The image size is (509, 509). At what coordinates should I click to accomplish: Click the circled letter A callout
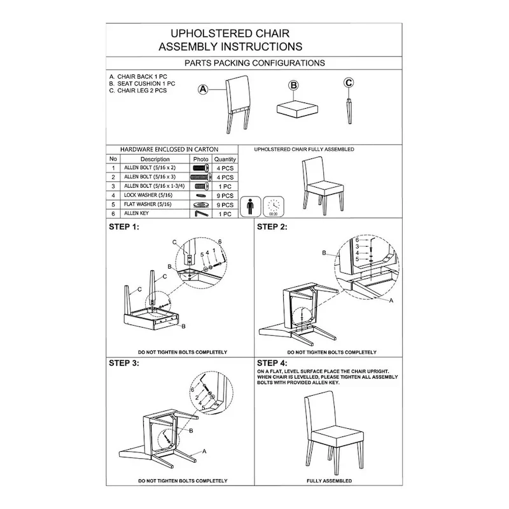click(x=204, y=90)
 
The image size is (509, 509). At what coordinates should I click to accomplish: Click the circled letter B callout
click(x=293, y=85)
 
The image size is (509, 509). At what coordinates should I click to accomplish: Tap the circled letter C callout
click(x=349, y=82)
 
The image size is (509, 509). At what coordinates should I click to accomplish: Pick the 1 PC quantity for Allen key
click(x=225, y=214)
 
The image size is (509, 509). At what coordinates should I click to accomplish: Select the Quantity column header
click(x=225, y=159)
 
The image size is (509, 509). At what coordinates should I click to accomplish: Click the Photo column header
click(x=200, y=159)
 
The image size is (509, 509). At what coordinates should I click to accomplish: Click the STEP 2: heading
click(x=272, y=227)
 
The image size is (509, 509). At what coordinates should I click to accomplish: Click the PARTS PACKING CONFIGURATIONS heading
click(x=254, y=63)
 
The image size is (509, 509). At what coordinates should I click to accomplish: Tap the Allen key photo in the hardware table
click(x=200, y=214)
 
